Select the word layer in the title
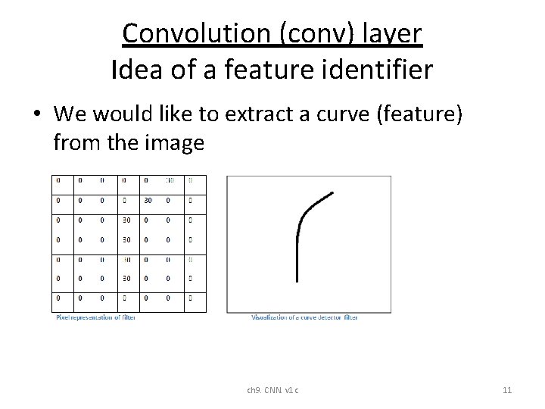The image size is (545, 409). [390, 34]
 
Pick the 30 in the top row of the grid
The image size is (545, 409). [170, 181]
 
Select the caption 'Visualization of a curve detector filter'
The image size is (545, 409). [304, 317]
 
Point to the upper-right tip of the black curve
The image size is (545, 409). [332, 193]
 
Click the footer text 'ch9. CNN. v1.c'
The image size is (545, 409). [272, 390]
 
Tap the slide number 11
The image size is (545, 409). [507, 390]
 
